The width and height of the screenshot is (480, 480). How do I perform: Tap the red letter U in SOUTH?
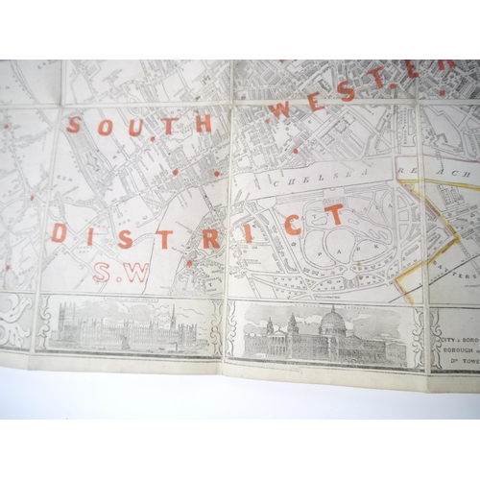point(132,126)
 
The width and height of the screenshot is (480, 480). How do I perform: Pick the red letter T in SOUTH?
point(169,125)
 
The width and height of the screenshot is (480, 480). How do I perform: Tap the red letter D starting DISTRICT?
point(60,233)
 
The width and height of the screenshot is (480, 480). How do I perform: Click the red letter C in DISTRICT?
point(293,227)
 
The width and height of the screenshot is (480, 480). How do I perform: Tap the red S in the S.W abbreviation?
point(102,274)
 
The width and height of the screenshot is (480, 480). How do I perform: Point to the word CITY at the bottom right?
point(441,341)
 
